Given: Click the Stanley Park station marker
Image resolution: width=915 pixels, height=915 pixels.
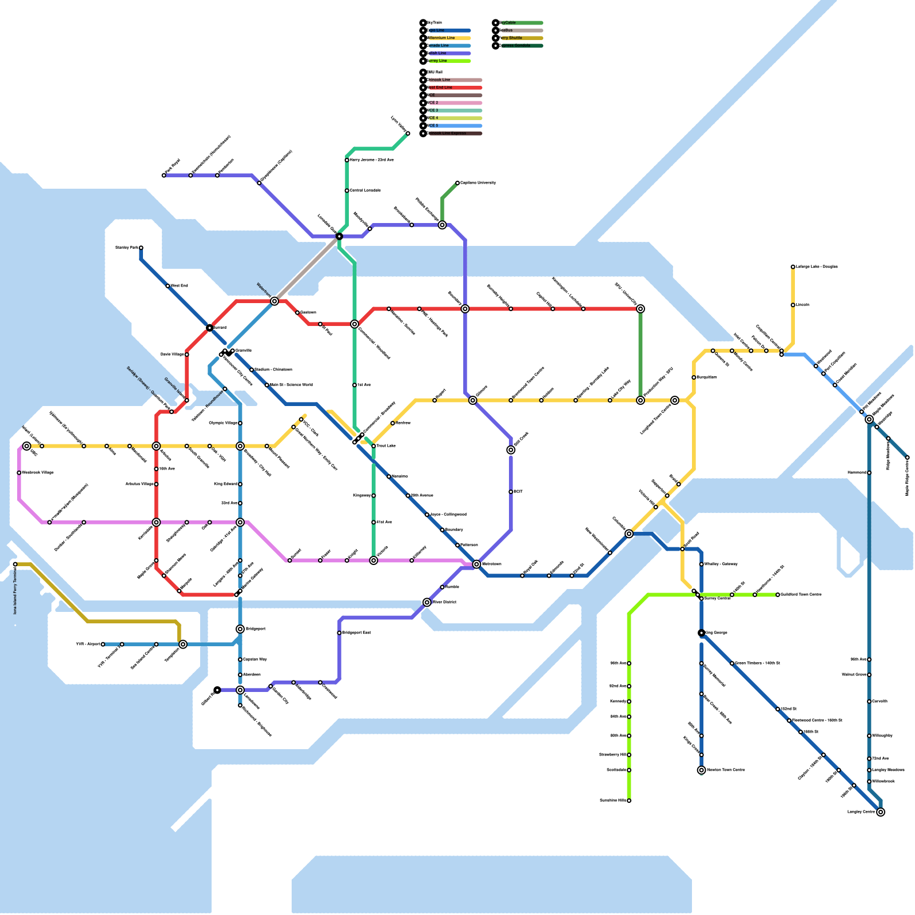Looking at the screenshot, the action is (141, 248).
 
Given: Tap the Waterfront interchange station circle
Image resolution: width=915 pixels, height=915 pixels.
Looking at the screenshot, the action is (274, 301).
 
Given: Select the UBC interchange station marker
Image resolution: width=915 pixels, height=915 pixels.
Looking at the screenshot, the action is (26, 446).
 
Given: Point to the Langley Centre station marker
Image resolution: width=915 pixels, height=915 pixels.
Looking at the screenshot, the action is (881, 812).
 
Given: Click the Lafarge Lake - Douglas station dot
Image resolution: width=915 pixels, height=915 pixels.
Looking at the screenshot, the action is (793, 266).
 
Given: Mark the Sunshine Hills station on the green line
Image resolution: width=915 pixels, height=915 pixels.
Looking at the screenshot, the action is (629, 801).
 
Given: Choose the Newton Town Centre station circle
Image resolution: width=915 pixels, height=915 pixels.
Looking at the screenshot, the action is (701, 770).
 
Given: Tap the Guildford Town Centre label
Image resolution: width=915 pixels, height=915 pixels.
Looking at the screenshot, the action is (801, 595).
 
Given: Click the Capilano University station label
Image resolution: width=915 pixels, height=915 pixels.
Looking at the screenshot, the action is (478, 183).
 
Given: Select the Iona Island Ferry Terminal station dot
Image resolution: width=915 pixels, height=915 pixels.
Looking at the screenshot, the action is (15, 564).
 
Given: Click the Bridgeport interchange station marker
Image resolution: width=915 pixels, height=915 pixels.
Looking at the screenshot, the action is (240, 629).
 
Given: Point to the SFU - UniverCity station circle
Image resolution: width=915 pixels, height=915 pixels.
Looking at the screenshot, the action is (640, 309).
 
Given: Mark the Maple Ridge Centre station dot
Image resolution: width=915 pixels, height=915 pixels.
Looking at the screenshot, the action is (907, 457).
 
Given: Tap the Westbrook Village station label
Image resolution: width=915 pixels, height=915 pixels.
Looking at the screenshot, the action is (38, 473).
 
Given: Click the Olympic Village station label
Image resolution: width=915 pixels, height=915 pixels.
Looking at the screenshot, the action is (222, 423).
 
